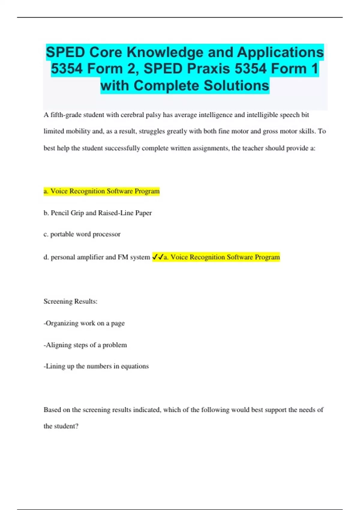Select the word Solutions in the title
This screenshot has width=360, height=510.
[236, 85]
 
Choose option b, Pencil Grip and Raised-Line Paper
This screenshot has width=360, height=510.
[97, 213]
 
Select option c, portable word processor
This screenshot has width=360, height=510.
[82, 234]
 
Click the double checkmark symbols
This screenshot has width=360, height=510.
[158, 257]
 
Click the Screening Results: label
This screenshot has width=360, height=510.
[70, 301]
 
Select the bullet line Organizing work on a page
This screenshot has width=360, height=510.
[84, 323]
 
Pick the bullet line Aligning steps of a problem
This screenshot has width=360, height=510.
[85, 345]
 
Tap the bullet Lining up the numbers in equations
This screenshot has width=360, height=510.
[96, 366]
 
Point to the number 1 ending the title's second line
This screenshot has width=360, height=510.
[314, 69]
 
